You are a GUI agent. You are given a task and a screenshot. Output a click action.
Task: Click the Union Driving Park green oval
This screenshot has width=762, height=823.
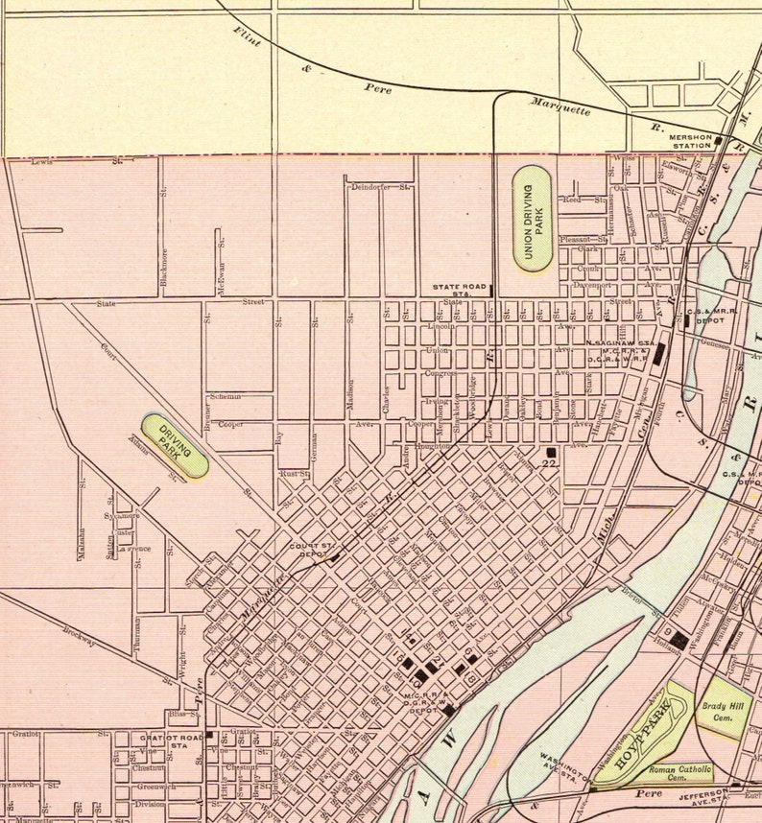(532, 217)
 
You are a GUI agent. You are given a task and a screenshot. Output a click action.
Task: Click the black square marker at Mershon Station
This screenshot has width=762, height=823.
(718, 140)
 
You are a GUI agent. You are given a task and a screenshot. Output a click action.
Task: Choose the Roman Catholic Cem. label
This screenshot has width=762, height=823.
(679, 773)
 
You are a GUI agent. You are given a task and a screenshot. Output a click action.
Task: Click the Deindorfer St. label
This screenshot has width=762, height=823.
(379, 187)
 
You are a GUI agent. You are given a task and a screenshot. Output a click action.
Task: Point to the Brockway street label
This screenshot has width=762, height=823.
(82, 637)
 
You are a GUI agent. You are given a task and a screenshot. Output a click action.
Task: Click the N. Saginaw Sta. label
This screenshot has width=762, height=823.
(620, 342)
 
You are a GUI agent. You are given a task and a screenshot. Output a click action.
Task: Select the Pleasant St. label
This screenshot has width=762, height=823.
(583, 240)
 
